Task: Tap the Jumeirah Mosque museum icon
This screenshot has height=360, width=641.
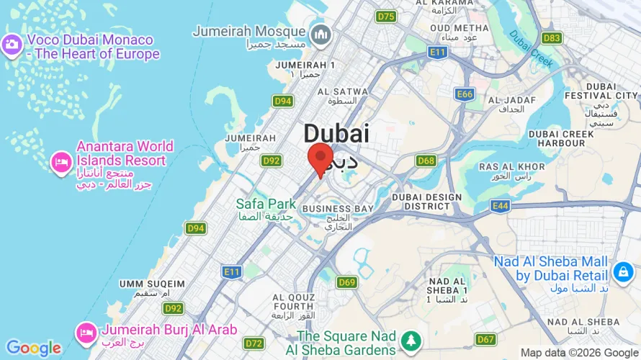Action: coord(319,34)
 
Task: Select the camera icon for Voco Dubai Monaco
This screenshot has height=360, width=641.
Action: coord(12,45)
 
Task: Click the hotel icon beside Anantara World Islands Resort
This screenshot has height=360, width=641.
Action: coord(61,162)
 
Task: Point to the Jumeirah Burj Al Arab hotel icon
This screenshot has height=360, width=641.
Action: coord(86,332)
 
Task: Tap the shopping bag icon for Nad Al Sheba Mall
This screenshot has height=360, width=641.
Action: coord(621,271)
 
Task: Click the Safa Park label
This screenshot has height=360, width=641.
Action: coord(266,204)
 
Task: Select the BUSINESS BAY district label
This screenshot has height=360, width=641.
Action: coord(338,209)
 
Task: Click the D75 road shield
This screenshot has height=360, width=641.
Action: coord(386,17)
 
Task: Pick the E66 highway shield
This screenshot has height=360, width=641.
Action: coord(465,94)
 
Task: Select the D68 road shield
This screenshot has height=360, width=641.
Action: coord(426,161)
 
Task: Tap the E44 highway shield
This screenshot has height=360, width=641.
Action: coord(501,206)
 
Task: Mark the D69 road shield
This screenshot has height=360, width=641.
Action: coord(347,282)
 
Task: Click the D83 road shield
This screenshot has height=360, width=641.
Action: coord(552,37)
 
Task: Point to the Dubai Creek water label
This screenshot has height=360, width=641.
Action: coord(532,48)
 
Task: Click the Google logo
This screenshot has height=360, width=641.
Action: coord(34,348)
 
